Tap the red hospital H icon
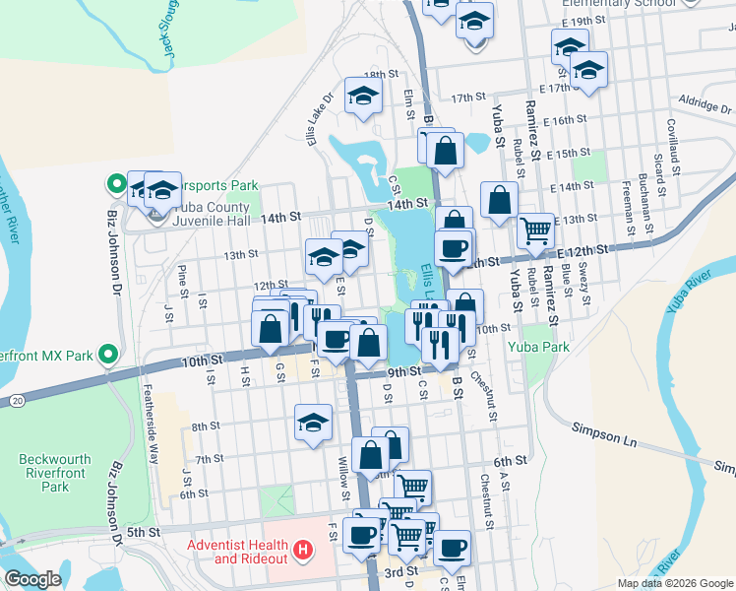pyautogui.click(x=303, y=549)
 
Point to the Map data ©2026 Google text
pyautogui.click(x=675, y=583)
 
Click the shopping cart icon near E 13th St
pyautogui.click(x=535, y=230)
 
